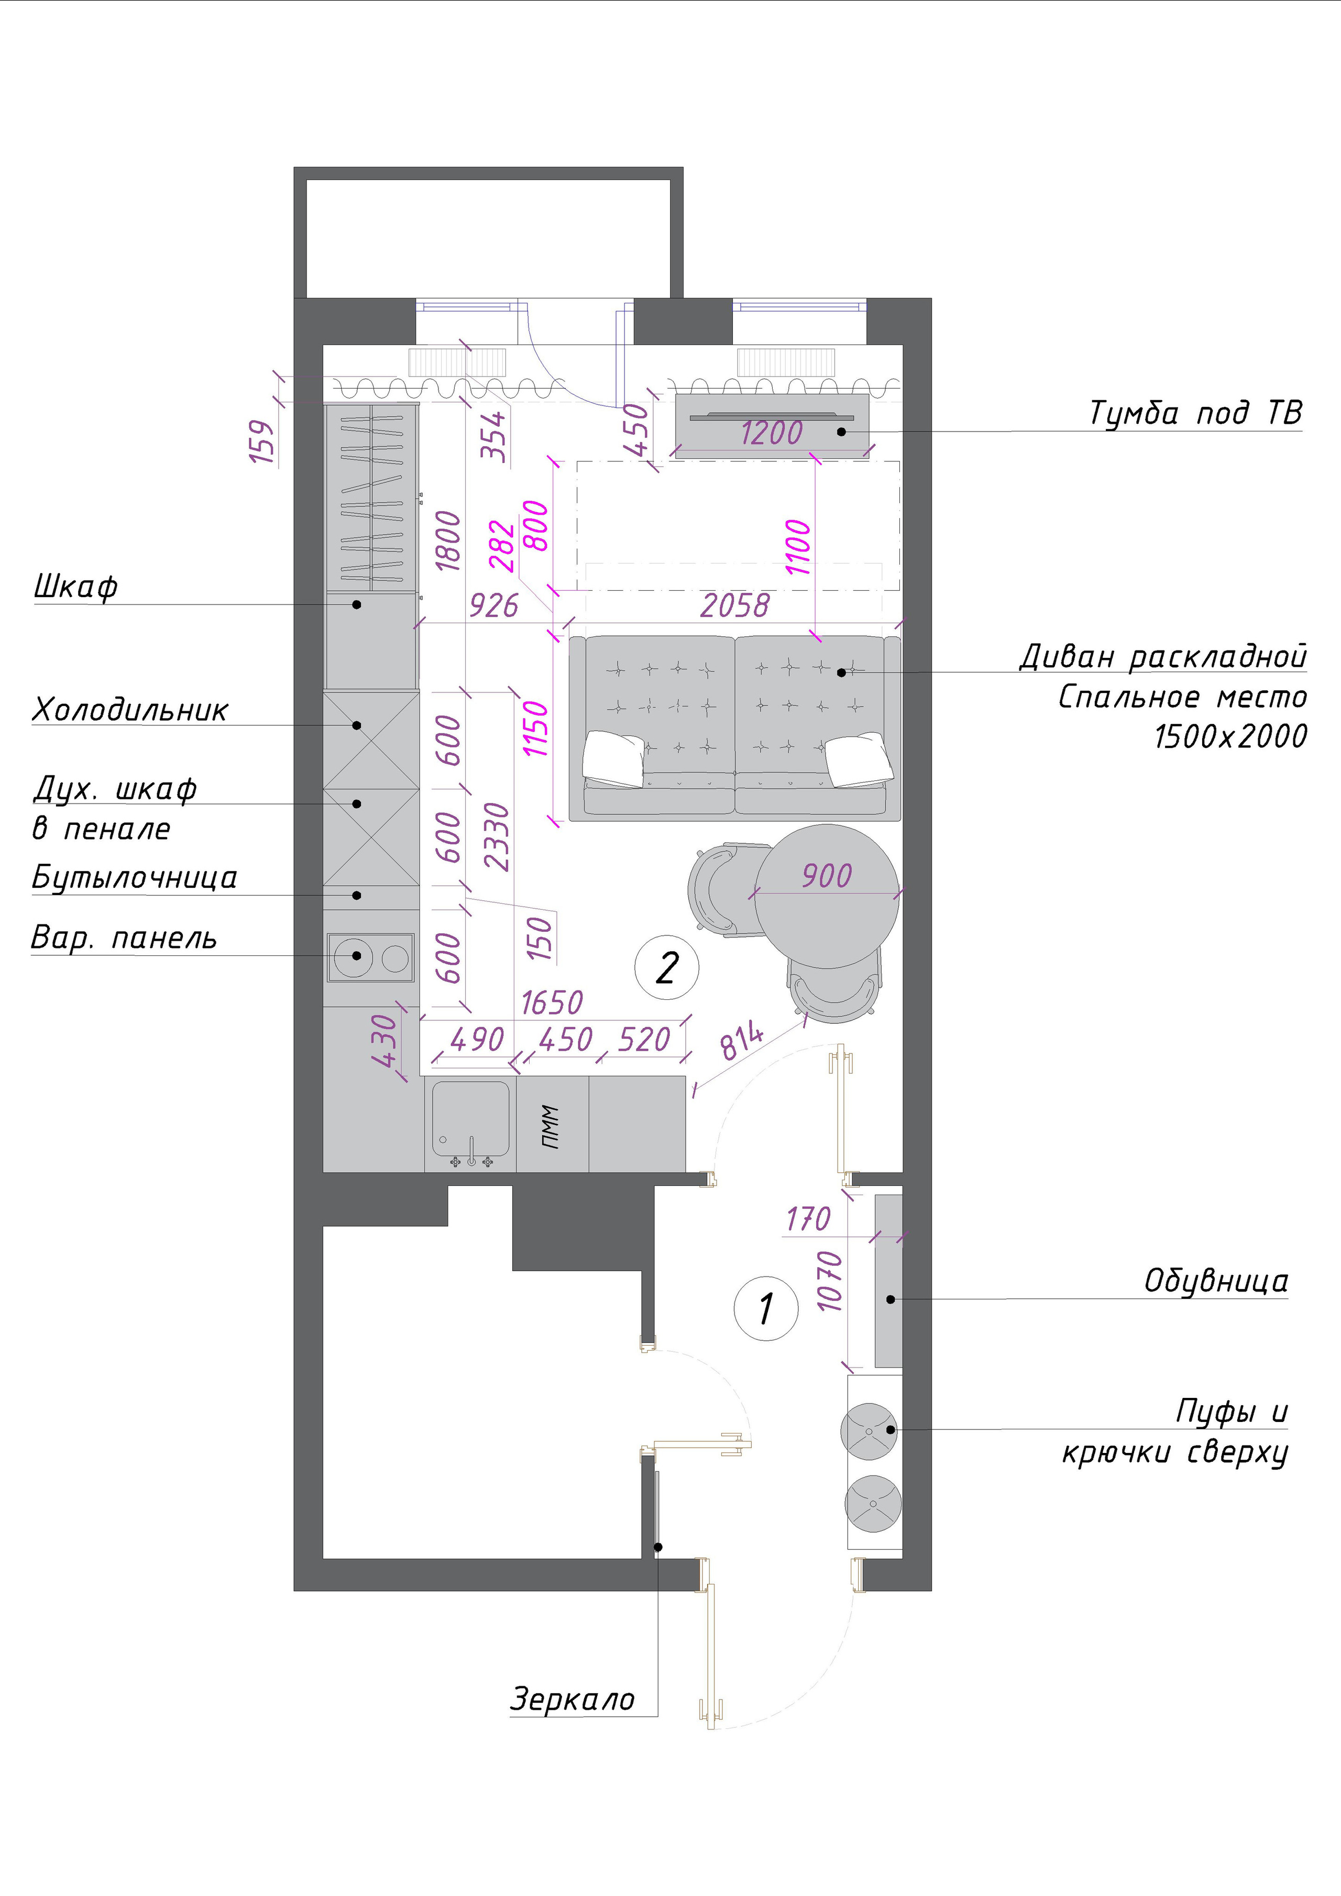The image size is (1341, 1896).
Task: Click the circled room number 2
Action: (x=666, y=968)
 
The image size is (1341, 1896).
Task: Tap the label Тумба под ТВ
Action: (x=1195, y=413)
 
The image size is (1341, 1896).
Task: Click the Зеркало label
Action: (x=572, y=1700)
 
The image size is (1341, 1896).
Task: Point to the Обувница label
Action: (x=1215, y=1281)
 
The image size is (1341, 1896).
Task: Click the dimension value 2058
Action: (x=734, y=605)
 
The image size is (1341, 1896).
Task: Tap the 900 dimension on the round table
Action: (x=827, y=875)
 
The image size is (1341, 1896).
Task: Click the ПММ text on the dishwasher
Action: (x=551, y=1127)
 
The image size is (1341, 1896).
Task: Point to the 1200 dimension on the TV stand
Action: (x=771, y=433)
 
